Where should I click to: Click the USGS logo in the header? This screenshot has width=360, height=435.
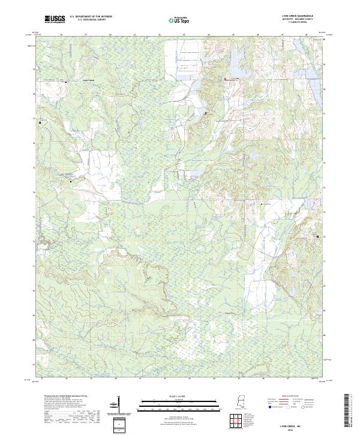click(55, 19)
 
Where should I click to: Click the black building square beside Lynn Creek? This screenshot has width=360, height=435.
click(66, 81)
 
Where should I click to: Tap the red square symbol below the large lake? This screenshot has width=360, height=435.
click(225, 79)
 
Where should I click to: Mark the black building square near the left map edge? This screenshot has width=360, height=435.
click(41, 122)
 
